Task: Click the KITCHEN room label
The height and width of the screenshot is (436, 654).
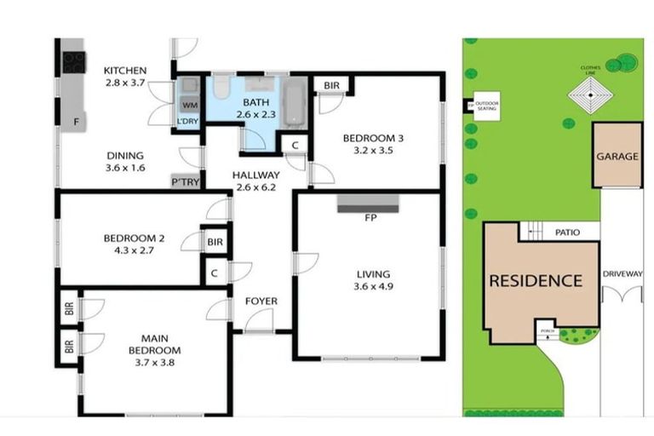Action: pyautogui.click(x=125, y=71)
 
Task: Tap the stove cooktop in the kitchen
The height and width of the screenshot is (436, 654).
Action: pyautogui.click(x=74, y=61)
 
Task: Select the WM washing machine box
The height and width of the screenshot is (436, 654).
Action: pyautogui.click(x=187, y=104)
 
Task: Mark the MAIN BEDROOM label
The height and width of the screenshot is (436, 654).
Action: pyautogui.click(x=154, y=344)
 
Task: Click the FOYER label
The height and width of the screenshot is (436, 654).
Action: pyautogui.click(x=261, y=301)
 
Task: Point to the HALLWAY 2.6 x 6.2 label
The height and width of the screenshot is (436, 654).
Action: pyautogui.click(x=255, y=181)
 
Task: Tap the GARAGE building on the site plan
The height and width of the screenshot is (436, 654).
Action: pyautogui.click(x=617, y=156)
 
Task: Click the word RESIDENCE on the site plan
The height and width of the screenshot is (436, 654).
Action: pyautogui.click(x=536, y=281)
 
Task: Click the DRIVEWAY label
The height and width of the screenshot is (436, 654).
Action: pyautogui.click(x=622, y=274)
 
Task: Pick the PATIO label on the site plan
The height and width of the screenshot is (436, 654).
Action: pyautogui.click(x=568, y=231)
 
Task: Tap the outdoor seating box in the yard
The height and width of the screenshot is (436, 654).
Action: pyautogui.click(x=487, y=106)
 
